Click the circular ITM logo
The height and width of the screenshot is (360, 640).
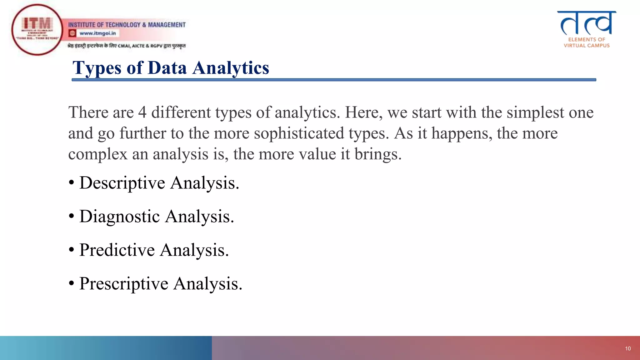tap(37, 30)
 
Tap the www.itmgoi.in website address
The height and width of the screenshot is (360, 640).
tap(97, 33)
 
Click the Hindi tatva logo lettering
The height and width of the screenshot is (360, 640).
tap(587, 23)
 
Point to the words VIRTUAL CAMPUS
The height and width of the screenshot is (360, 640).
tap(587, 46)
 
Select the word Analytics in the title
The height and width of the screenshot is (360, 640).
tap(231, 68)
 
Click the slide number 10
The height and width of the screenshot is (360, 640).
tap(628, 348)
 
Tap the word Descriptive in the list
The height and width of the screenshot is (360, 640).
tap(122, 183)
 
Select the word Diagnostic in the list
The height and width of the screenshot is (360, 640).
tap(119, 216)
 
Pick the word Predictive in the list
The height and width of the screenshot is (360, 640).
tap(117, 250)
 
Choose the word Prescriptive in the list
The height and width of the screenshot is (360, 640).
tap(124, 284)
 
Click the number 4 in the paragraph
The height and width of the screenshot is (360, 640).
tap(142, 112)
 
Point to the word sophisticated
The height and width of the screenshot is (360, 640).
tap(299, 133)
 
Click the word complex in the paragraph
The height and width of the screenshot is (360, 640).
tap(98, 154)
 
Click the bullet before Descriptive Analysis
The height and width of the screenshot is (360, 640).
tap(72, 183)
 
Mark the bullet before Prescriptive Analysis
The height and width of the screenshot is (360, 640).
tap(72, 284)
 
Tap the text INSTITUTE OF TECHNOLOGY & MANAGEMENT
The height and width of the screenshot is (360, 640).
tap(127, 25)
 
